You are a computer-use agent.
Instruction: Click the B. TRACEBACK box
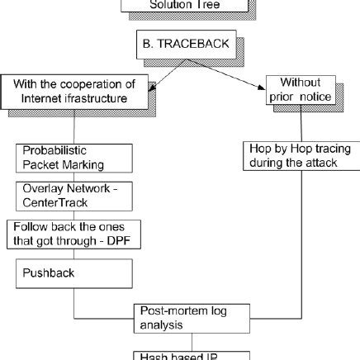pos(179,47)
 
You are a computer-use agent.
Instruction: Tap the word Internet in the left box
pos(49,100)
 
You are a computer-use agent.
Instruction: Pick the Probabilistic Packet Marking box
pos(74,158)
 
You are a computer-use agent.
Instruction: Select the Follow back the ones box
pos(73,233)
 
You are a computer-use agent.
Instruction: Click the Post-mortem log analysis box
pos(192,318)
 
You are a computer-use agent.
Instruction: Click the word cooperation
pos(105,84)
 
